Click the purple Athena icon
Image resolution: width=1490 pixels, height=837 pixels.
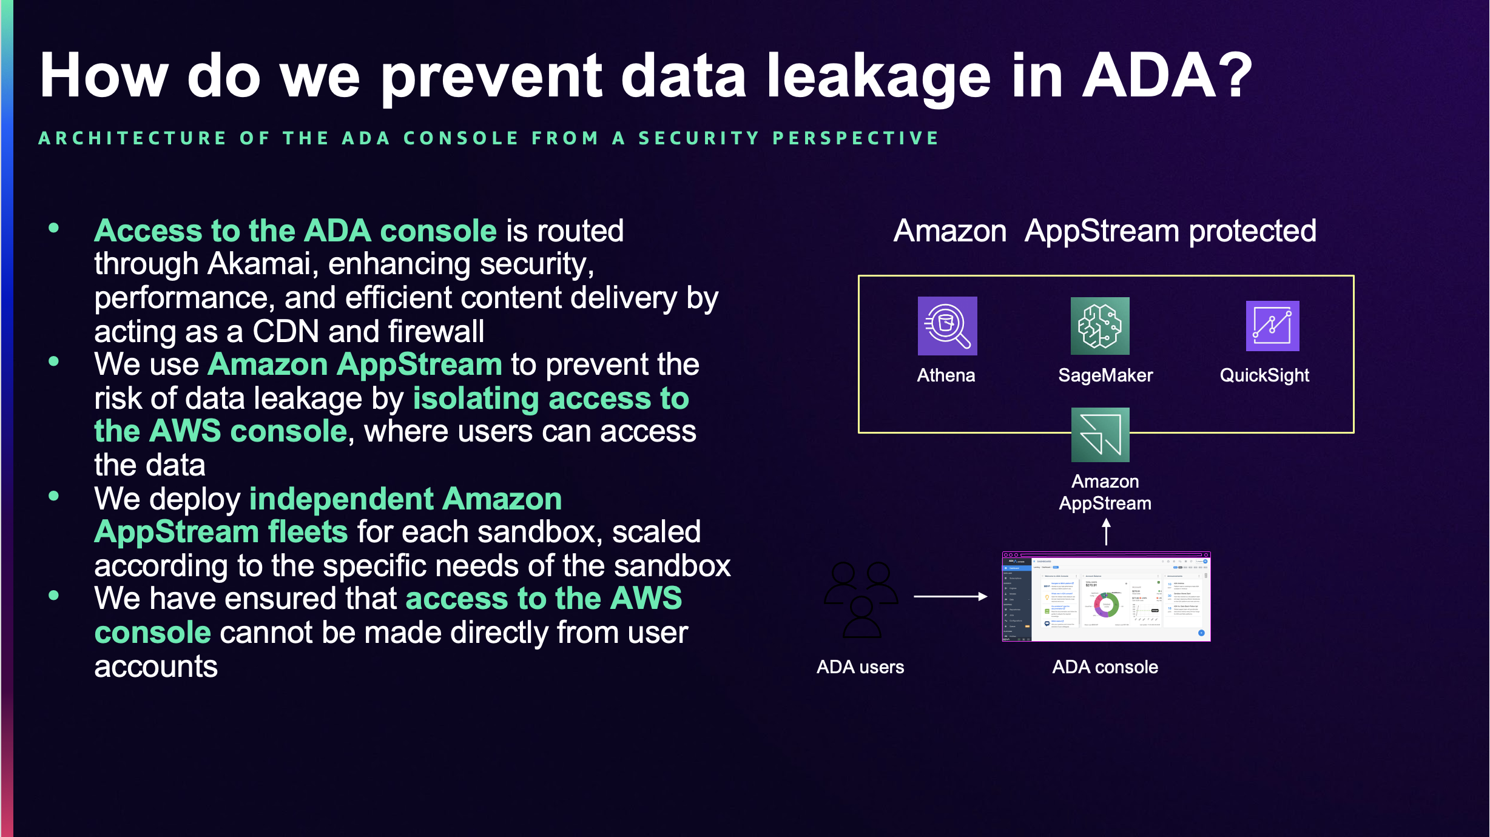click(x=947, y=326)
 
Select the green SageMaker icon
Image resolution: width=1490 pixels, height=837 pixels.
click(x=1100, y=326)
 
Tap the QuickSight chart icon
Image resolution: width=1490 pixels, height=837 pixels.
click(x=1272, y=326)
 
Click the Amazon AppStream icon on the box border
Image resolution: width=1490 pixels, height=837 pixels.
click(x=1100, y=435)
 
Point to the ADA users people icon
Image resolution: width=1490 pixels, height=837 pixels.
click(x=861, y=599)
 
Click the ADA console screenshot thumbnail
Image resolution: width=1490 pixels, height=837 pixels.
click(x=1106, y=597)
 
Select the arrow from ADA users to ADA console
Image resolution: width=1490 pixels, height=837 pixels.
click(x=950, y=597)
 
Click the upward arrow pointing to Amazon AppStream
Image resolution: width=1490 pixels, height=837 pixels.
click(x=1106, y=532)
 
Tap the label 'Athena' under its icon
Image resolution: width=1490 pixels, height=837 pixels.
click(x=946, y=375)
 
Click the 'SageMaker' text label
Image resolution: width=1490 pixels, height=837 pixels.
click(x=1105, y=375)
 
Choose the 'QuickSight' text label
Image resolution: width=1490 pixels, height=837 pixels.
click(x=1264, y=375)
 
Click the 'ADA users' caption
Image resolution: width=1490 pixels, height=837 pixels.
click(x=860, y=667)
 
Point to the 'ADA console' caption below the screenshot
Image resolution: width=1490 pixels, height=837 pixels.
click(x=1105, y=667)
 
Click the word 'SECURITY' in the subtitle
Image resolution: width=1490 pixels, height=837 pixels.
click(x=699, y=138)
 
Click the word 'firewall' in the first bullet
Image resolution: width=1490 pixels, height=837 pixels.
click(x=436, y=332)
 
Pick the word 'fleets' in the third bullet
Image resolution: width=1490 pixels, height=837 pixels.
click(x=308, y=532)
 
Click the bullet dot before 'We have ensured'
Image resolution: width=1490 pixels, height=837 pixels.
click(x=54, y=596)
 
